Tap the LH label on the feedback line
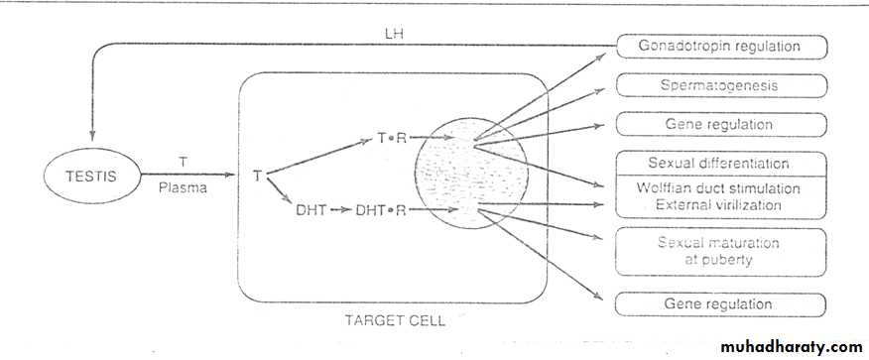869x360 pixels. (x=396, y=34)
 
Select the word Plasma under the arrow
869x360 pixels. (x=183, y=187)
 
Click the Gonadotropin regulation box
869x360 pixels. (x=721, y=47)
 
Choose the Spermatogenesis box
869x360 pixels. (x=721, y=85)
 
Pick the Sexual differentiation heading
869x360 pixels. (x=718, y=164)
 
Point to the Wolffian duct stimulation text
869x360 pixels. (x=718, y=188)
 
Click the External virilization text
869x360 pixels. (x=718, y=205)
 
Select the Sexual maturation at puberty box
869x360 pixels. (x=721, y=252)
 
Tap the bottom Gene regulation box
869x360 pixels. (x=720, y=304)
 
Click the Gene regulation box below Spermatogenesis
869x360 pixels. (x=721, y=124)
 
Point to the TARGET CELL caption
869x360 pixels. (x=395, y=320)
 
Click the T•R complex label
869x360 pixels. (x=392, y=139)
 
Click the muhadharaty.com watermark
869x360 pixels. (x=792, y=347)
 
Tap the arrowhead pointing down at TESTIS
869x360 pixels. (x=92, y=136)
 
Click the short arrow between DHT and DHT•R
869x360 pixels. (x=341, y=210)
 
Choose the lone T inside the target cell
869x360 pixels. (x=257, y=177)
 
